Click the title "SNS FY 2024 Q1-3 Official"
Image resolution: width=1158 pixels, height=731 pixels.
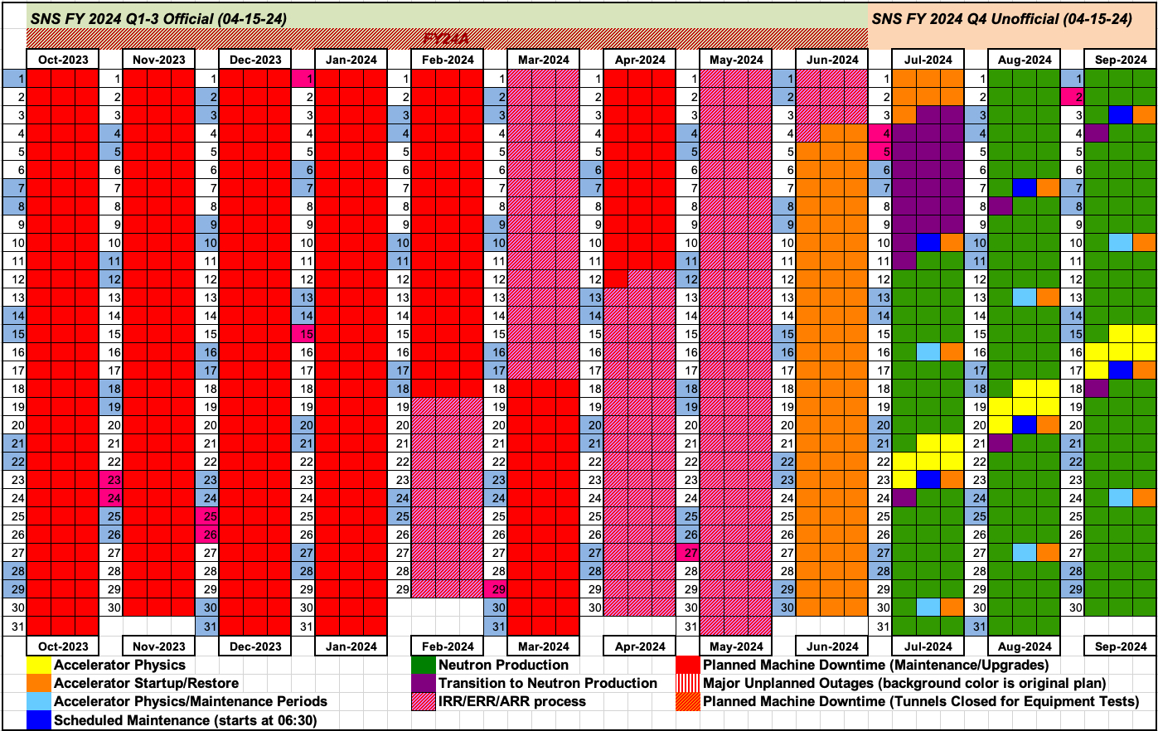[158, 18]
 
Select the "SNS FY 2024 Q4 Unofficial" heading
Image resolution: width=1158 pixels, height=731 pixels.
[1001, 18]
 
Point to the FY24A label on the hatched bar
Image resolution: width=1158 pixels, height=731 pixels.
[446, 39]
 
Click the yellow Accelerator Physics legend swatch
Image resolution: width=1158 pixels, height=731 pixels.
[39, 665]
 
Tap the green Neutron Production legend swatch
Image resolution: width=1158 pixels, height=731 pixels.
[424, 665]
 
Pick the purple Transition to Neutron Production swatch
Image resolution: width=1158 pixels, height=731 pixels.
[424, 683]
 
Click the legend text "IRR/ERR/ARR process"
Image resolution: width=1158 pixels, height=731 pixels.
[511, 701]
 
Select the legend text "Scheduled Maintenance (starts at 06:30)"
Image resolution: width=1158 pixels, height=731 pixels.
[185, 720]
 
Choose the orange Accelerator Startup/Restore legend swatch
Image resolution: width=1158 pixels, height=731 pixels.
[39, 683]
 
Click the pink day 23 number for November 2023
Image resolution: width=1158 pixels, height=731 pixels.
[111, 480]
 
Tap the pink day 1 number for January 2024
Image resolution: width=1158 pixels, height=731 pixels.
[303, 79]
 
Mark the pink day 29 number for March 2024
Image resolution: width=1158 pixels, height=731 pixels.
[496, 589]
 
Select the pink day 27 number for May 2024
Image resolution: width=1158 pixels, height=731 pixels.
[688, 553]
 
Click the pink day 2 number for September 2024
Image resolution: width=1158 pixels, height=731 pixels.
[1073, 97]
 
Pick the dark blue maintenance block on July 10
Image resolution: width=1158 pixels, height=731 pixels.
[928, 243]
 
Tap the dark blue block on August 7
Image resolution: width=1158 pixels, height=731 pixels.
[1025, 188]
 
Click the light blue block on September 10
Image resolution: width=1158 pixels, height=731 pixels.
[1121, 243]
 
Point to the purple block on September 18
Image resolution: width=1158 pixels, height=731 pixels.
[1097, 389]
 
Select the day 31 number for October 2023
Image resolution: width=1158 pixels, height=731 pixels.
[15, 626]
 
